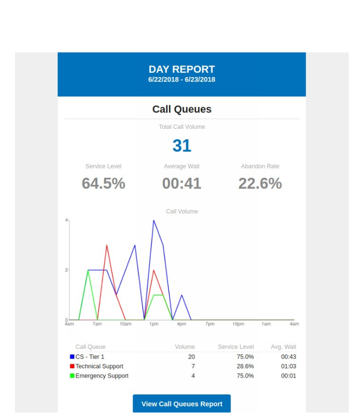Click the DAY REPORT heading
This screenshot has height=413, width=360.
pyautogui.click(x=182, y=69)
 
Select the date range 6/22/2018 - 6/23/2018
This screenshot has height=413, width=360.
pyautogui.click(x=182, y=80)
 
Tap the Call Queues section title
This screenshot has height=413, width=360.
pyautogui.click(x=182, y=109)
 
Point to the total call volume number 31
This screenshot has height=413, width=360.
pyautogui.click(x=182, y=146)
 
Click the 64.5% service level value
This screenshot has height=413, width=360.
pyautogui.click(x=103, y=183)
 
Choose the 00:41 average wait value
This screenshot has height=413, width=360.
pyautogui.click(x=182, y=183)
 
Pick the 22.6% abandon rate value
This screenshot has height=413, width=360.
pyautogui.click(x=260, y=183)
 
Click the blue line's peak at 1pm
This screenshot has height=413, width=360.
pyautogui.click(x=154, y=220)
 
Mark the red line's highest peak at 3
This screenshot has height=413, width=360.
pyautogui.click(x=107, y=245)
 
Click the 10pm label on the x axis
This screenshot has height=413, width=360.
pyautogui.click(x=238, y=324)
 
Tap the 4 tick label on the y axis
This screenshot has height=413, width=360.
pyautogui.click(x=66, y=220)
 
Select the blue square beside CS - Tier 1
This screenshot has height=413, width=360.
pyautogui.click(x=72, y=356)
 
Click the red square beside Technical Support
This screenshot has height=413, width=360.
pyautogui.click(x=72, y=366)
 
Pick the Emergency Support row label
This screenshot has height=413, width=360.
pyautogui.click(x=102, y=376)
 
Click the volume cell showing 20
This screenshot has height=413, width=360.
pyautogui.click(x=191, y=356)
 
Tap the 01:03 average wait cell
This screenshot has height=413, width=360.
pyautogui.click(x=289, y=366)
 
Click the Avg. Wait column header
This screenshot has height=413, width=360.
pyautogui.click(x=283, y=347)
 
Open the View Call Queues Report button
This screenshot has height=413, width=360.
pyautogui.click(x=182, y=404)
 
